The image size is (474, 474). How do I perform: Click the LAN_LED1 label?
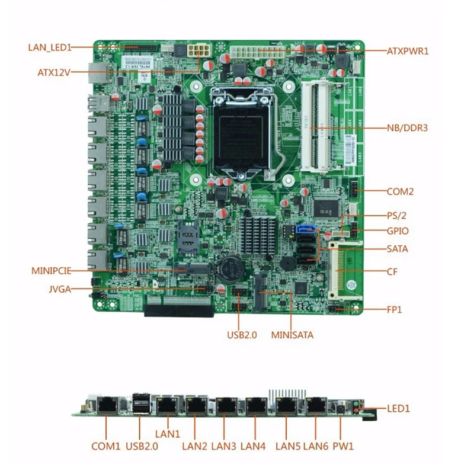50,47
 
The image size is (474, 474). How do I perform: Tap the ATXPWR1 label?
408,52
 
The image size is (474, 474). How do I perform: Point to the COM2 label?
400,191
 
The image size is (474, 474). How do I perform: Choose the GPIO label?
397,232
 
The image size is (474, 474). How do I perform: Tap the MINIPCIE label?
52,271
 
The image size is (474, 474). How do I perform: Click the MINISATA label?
292,335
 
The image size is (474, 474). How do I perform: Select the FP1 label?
395,310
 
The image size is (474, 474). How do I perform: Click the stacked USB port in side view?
140,406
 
